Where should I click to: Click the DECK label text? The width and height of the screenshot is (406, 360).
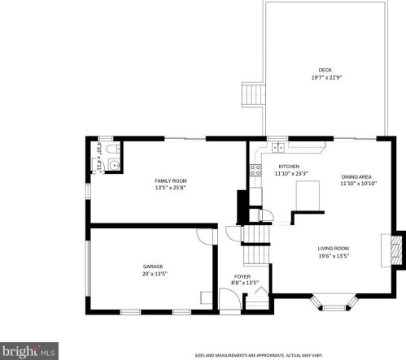point(325,70)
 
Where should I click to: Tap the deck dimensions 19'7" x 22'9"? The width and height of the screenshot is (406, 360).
point(325,77)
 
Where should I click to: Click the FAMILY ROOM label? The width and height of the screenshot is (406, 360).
point(171,180)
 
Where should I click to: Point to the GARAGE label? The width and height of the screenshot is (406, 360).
point(153,266)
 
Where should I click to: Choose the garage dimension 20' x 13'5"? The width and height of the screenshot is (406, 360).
point(153,274)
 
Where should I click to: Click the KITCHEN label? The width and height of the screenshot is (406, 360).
point(289,166)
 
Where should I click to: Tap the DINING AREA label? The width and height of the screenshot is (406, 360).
point(357,176)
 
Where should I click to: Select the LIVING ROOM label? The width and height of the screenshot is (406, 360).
point(333,248)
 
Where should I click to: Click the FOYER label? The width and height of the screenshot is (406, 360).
point(242,276)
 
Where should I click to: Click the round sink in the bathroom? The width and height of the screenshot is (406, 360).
point(115,165)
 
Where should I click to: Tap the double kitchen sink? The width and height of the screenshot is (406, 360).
point(279,147)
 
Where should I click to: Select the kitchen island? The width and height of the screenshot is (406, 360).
point(308,196)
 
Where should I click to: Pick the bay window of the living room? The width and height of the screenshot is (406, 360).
point(334,302)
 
